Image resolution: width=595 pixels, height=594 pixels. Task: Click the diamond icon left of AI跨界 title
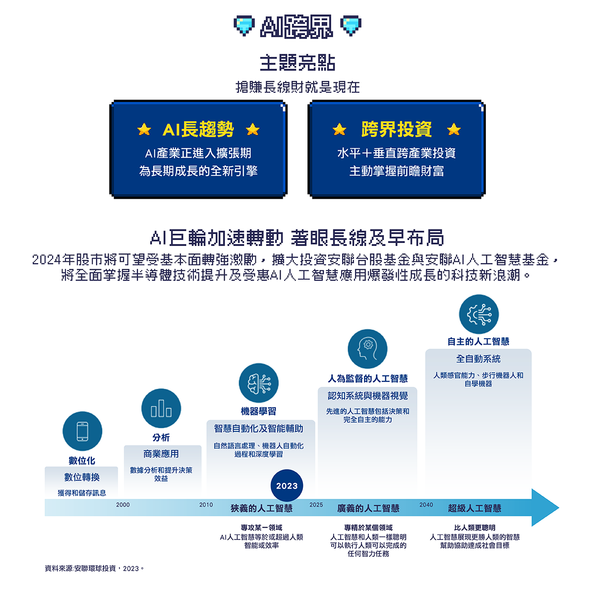[244, 26]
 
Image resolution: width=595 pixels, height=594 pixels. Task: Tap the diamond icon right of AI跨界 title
[351, 26]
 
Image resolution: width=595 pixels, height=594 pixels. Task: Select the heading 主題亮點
[297, 63]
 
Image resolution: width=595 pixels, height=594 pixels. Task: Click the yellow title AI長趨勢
[198, 129]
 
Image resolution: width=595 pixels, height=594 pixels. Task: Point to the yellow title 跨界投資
[397, 129]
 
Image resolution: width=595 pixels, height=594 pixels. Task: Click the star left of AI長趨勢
[144, 129]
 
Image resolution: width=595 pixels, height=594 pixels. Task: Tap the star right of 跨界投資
[454, 129]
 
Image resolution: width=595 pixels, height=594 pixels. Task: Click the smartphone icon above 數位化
[82, 431]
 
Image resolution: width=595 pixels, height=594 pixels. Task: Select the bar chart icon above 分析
[161, 408]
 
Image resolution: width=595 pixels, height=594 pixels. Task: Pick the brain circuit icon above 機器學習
[259, 383]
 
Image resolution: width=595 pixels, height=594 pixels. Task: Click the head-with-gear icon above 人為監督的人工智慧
[367, 349]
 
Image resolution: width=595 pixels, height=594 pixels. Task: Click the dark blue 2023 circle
[287, 486]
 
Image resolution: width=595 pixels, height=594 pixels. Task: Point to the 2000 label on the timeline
[123, 505]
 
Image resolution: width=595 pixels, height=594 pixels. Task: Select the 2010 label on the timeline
[206, 505]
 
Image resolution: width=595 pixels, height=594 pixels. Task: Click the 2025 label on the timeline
[316, 505]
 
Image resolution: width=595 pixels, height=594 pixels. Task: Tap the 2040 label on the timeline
[426, 505]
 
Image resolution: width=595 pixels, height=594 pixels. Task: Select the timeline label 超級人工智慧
[475, 508]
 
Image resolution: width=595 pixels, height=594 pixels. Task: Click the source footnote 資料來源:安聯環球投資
[94, 568]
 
